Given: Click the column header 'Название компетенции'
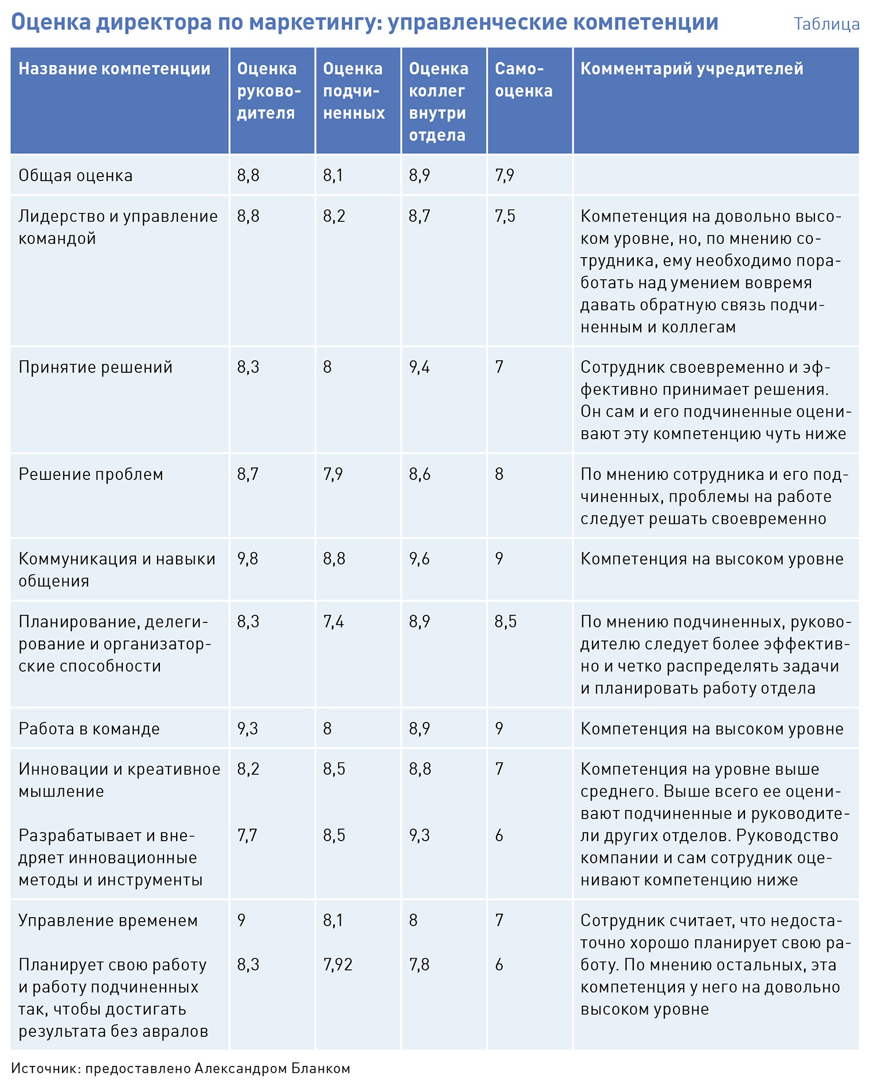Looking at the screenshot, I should pyautogui.click(x=114, y=69).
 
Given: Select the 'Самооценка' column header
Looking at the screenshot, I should pyautogui.click(x=523, y=80).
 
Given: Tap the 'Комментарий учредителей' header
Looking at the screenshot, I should pyautogui.click(x=692, y=69).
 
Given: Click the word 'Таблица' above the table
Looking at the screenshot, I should pyautogui.click(x=826, y=24).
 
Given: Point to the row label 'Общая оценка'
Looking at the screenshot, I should pyautogui.click(x=75, y=175).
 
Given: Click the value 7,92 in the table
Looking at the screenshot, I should pyautogui.click(x=338, y=965).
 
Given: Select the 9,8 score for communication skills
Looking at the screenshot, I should pyautogui.click(x=247, y=559).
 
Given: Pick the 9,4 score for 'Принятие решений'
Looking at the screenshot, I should pyautogui.click(x=419, y=367).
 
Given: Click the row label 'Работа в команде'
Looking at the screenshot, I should pyautogui.click(x=89, y=729).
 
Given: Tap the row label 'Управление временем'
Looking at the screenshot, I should pyautogui.click(x=108, y=921).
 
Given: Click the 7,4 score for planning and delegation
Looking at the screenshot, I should pyautogui.click(x=333, y=622).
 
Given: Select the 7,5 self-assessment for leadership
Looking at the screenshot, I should pyautogui.click(x=505, y=216).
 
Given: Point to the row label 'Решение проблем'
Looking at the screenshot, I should pyautogui.click(x=90, y=474).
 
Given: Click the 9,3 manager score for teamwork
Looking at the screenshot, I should pyautogui.click(x=247, y=729).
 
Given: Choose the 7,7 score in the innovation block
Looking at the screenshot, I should pyautogui.click(x=247, y=835).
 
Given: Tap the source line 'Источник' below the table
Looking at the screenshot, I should pyautogui.click(x=180, y=1068).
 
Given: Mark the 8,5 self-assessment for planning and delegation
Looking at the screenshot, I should pyautogui.click(x=505, y=622).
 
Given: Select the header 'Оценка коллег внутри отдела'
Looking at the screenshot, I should pyautogui.click(x=438, y=102).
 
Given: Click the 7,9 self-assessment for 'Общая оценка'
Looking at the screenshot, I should pyautogui.click(x=505, y=175).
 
